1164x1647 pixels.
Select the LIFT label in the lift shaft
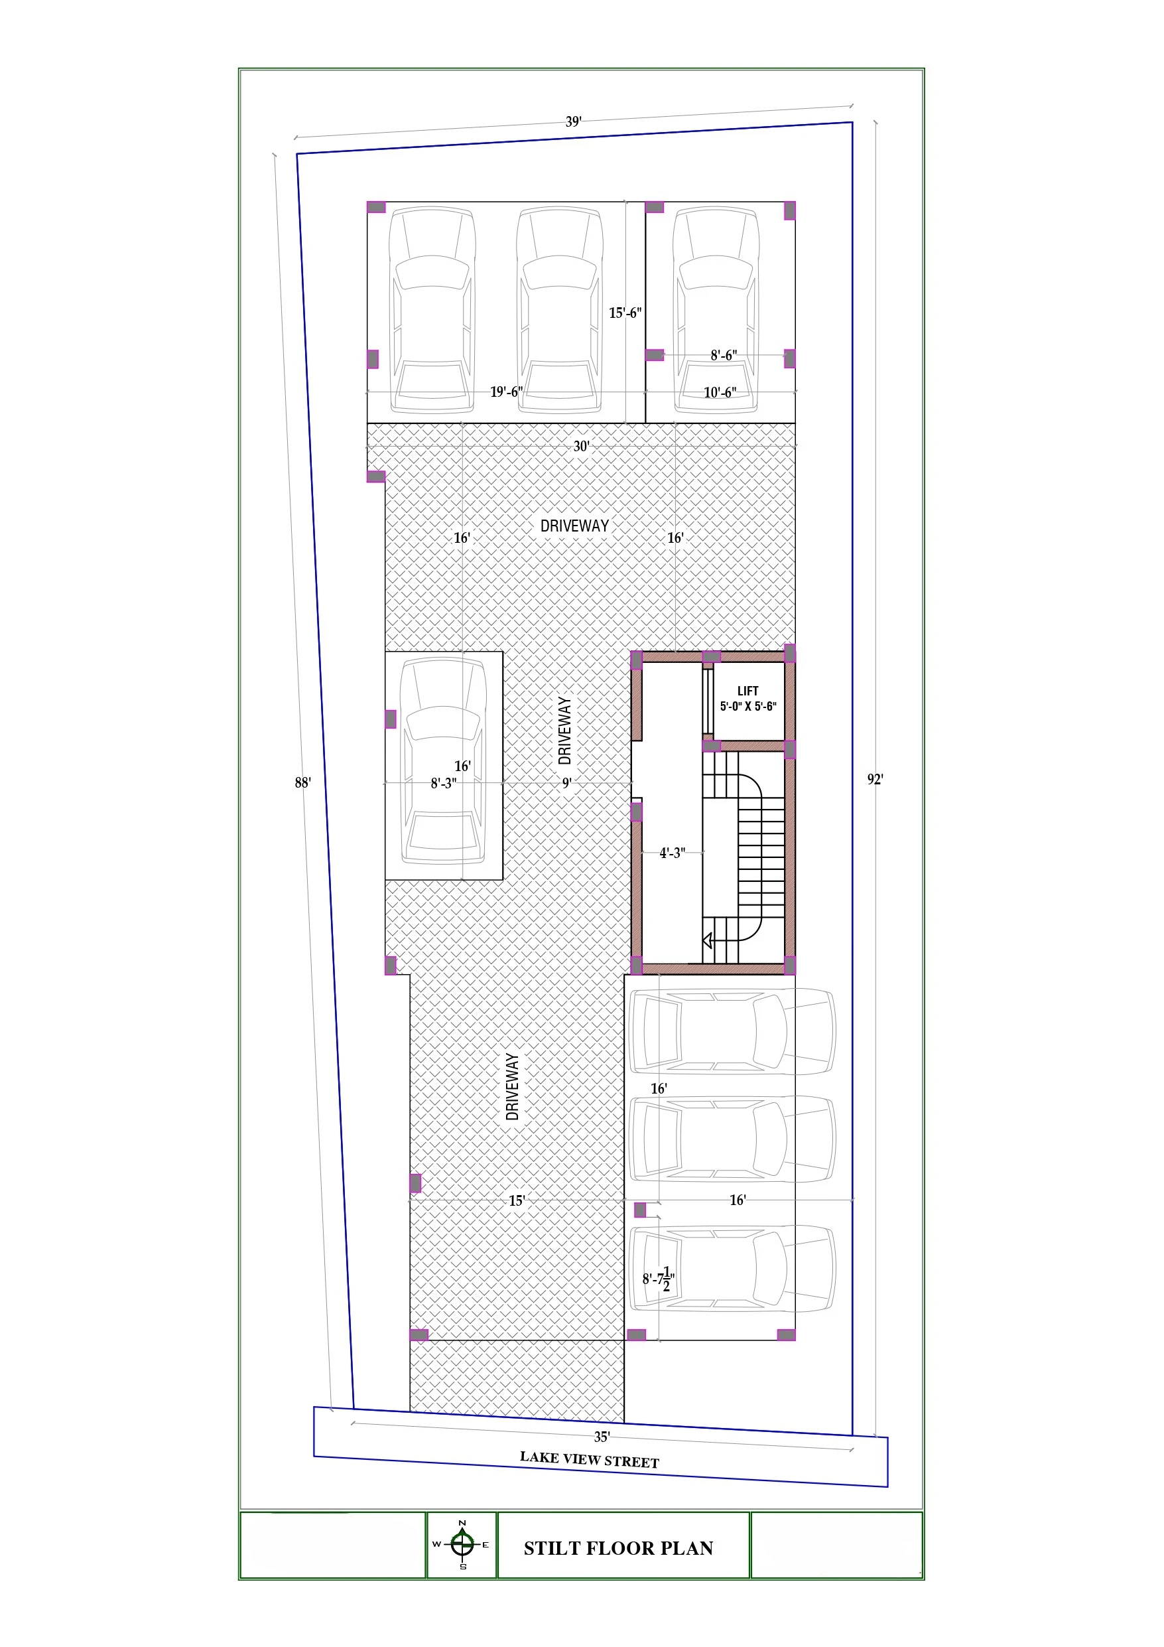tap(748, 691)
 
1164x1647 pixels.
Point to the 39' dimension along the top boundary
tap(573, 121)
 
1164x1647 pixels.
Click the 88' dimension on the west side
tap(302, 782)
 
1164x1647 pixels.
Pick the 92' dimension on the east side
tap(875, 779)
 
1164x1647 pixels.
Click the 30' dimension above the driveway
tap(581, 446)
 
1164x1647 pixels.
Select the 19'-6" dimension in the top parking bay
tap(506, 392)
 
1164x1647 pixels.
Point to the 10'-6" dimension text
tap(720, 392)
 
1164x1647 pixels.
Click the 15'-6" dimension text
tap(625, 313)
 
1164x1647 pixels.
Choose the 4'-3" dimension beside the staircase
tap(673, 853)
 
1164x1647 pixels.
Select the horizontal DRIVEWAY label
tap(574, 526)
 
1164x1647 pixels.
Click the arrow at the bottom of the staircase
tap(708, 940)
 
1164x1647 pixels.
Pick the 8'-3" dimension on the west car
tap(443, 783)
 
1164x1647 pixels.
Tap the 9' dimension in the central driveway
tap(566, 783)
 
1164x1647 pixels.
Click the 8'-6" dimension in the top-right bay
tap(724, 355)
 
